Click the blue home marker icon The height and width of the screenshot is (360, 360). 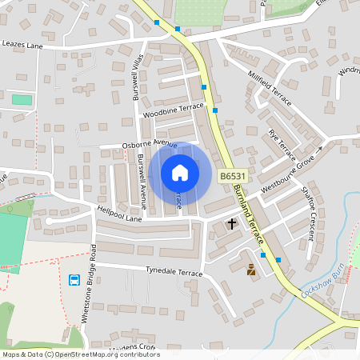[180, 173]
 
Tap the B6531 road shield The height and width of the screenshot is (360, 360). [232, 176]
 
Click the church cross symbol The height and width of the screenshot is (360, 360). [233, 224]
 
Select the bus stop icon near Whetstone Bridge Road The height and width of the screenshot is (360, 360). [74, 280]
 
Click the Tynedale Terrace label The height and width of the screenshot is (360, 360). [174, 272]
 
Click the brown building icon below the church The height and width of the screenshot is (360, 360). [250, 270]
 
